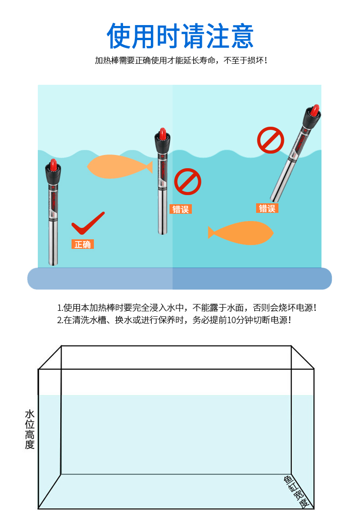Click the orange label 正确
(82, 244)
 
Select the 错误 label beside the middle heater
(180, 209)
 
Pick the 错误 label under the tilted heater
(267, 208)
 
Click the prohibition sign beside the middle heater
(187, 181)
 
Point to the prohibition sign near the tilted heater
(270, 140)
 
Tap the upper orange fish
(116, 167)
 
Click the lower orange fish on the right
(242, 232)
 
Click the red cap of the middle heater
(162, 134)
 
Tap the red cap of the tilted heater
(314, 110)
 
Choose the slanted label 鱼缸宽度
(297, 492)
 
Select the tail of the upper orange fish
(148, 167)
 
